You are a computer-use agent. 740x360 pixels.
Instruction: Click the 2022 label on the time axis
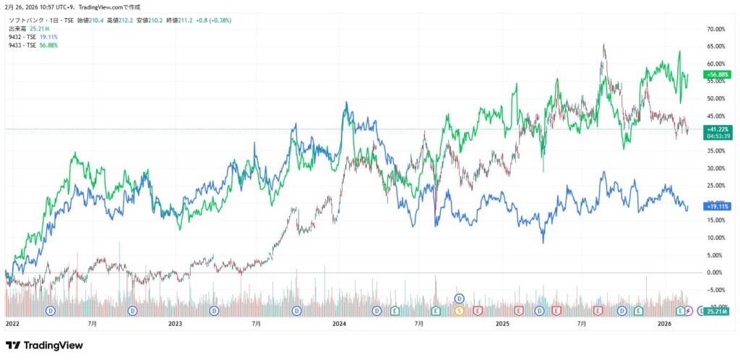pos(13,325)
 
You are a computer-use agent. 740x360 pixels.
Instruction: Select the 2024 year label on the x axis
pos(340,325)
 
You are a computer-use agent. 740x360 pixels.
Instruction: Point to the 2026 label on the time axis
pos(666,325)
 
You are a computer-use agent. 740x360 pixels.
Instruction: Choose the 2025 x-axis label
pos(503,325)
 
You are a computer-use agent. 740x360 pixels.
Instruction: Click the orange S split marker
pos(459,311)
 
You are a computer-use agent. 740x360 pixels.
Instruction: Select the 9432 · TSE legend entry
pos(21,37)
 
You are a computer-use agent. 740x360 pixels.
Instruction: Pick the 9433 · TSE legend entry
pos(21,45)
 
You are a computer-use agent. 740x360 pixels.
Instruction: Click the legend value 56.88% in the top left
pos(48,45)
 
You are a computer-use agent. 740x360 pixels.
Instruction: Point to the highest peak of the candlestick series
pos(603,45)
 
